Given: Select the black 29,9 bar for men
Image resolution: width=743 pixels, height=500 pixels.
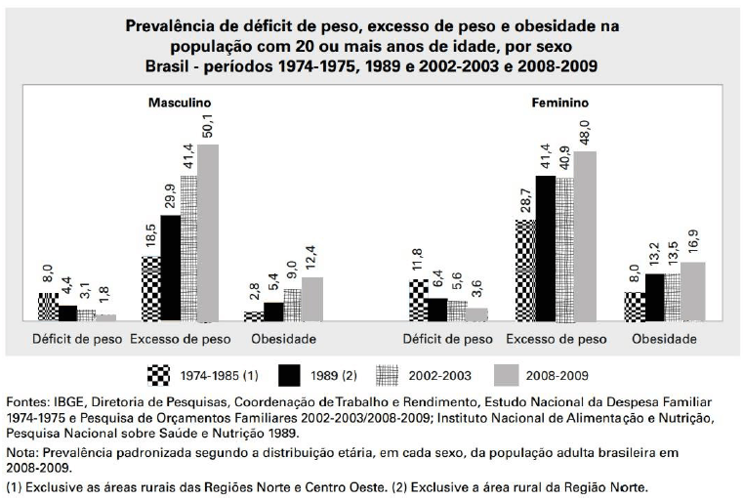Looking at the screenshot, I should click(x=170, y=268).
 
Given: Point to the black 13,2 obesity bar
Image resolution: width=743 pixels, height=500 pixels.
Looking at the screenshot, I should click(x=654, y=297).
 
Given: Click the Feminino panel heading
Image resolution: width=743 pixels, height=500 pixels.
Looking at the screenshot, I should click(x=559, y=103).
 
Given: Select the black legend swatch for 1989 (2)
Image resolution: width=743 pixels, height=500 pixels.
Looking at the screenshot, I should click(x=289, y=374).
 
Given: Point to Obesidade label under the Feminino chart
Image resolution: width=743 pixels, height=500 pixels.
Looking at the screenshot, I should click(x=664, y=339).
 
